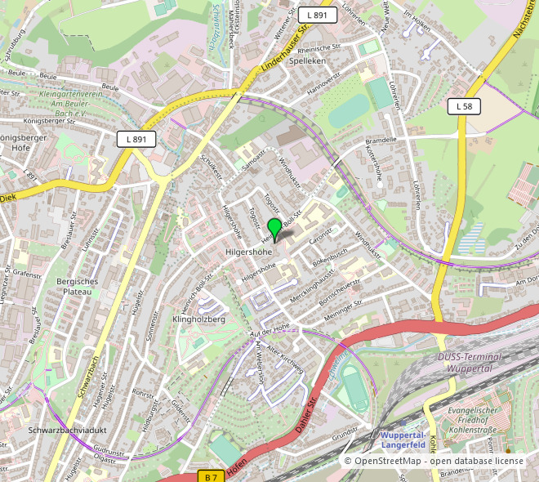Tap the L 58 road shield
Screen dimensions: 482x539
(464, 106)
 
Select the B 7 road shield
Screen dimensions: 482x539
(212, 476)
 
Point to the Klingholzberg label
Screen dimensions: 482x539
(198, 319)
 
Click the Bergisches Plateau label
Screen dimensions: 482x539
(78, 286)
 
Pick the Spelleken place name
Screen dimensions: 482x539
(307, 61)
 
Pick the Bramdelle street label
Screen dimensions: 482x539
(380, 140)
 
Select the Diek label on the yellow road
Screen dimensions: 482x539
(7, 197)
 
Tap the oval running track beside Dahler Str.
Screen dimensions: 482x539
(354, 389)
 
